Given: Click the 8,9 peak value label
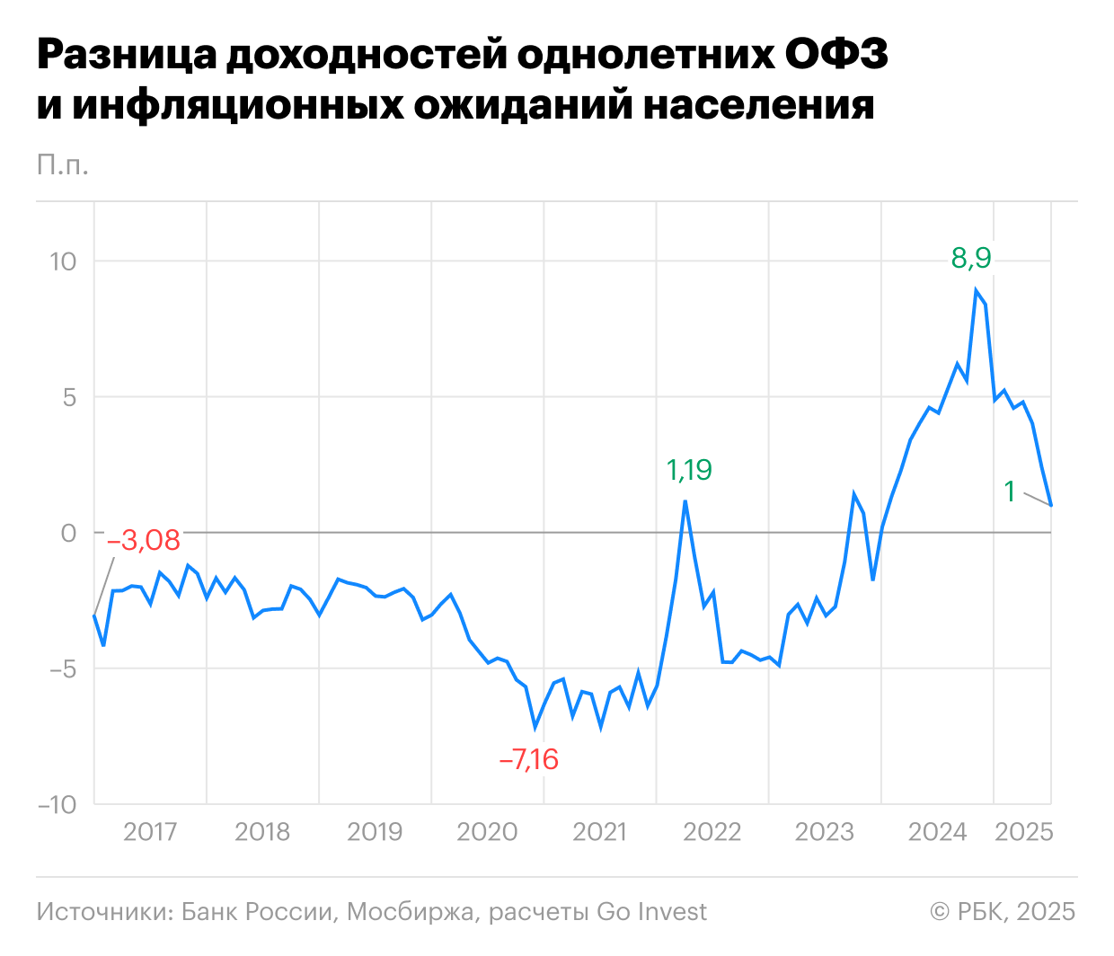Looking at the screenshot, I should coord(971,259).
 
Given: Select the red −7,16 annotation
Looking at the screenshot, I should coord(529,760).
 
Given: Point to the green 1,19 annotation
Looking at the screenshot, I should coord(689,470).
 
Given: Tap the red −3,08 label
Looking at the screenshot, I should coord(144,541).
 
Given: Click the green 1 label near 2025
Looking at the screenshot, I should coord(1010,491).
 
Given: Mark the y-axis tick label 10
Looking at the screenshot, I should coord(63,261).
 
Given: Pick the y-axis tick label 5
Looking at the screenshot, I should coord(69,397).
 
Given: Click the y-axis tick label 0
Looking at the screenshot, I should coord(69,533).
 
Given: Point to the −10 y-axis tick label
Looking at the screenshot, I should coord(57,804).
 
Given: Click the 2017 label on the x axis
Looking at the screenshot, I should coord(150,832).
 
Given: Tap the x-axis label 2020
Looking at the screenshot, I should coord(487,832).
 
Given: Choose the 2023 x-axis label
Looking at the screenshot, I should coord(824,832).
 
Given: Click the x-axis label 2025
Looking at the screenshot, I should coord(1024,832).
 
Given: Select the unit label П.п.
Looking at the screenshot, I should coord(63,164).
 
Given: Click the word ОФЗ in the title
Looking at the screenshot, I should coord(835,56).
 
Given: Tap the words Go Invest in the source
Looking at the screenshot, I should coord(651,912).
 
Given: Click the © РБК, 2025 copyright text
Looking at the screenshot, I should coord(1003,912).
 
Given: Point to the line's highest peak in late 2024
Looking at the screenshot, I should coord(976,290).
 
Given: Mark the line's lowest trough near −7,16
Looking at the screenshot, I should coord(535,727).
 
